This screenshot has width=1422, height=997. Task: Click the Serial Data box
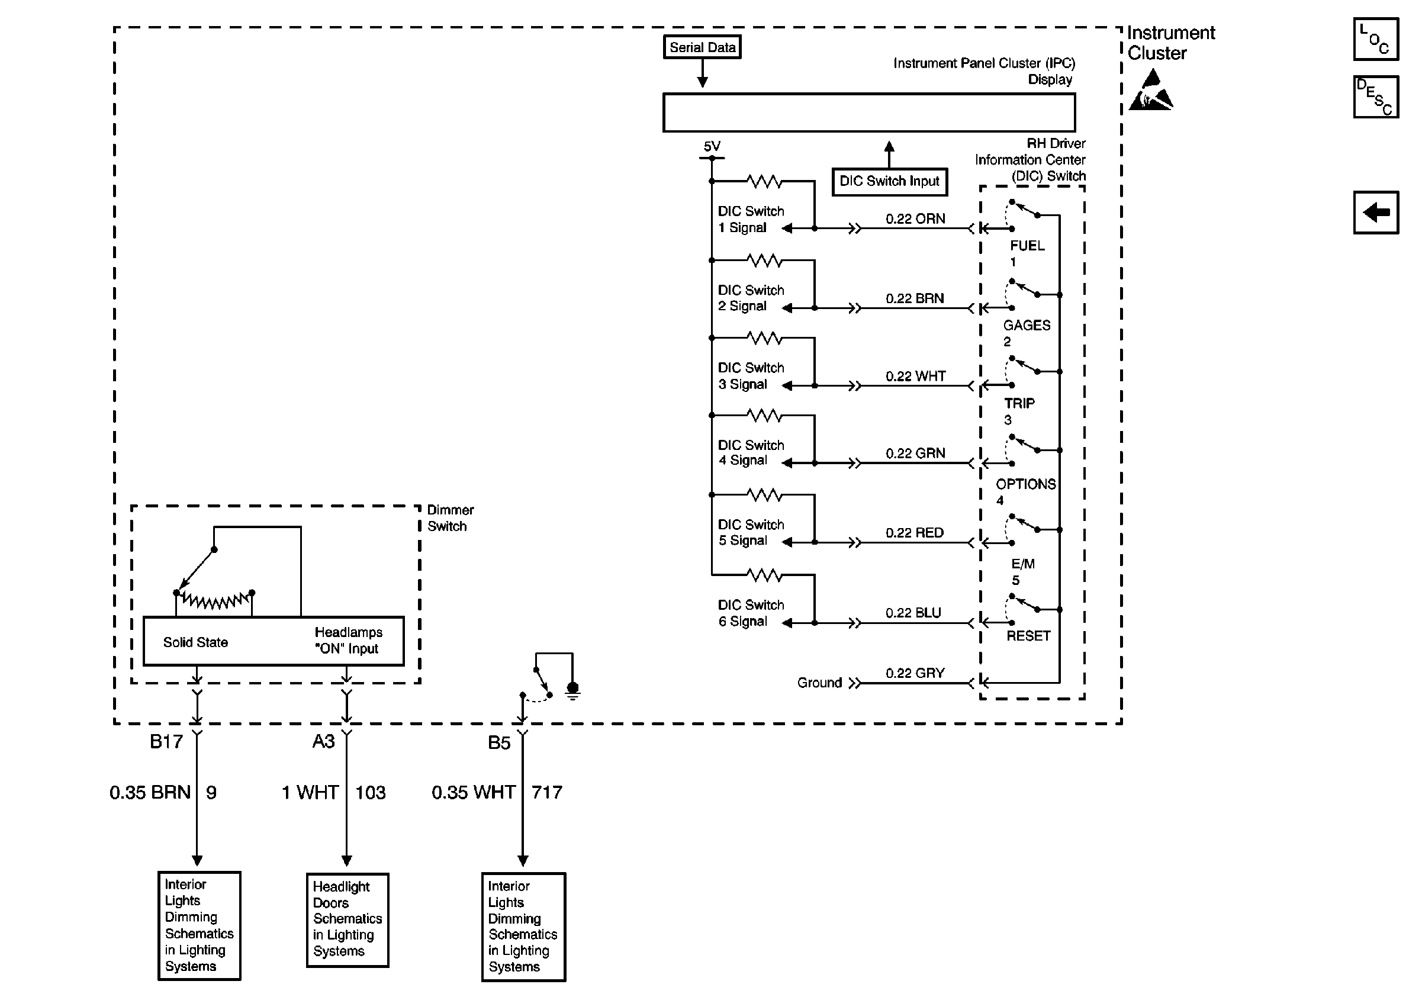[702, 47]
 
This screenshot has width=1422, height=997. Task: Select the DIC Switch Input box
[889, 181]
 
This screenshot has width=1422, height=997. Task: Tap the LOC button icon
[1376, 40]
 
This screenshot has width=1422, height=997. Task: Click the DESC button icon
[1376, 97]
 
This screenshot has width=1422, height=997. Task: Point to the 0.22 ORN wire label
[915, 218]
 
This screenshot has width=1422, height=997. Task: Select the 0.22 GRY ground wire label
[915, 673]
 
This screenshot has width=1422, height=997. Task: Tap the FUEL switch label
[1027, 246]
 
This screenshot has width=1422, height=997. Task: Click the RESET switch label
[1028, 636]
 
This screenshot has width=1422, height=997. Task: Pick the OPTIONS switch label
[1025, 484]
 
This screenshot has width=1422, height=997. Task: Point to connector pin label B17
[166, 741]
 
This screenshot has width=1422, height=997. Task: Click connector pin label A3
[323, 741]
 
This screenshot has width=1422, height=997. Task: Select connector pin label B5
[498, 742]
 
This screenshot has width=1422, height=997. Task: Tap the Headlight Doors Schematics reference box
[348, 919]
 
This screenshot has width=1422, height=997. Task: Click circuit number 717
[546, 792]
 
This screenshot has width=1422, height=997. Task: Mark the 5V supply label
[712, 147]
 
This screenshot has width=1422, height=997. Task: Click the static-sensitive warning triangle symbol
[1151, 91]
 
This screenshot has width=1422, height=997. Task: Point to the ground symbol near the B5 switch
[573, 690]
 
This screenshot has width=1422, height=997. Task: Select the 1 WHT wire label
[310, 792]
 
